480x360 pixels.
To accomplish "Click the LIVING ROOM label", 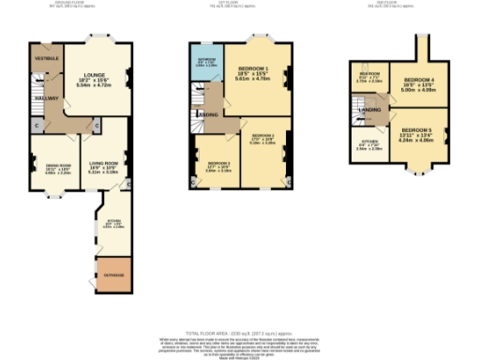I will (103, 142).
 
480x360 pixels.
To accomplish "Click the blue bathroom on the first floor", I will (206, 64).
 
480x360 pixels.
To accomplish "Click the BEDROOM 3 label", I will (217, 166).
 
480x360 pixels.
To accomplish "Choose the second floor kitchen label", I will (369, 145).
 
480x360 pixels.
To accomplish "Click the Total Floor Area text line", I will (239, 334).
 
